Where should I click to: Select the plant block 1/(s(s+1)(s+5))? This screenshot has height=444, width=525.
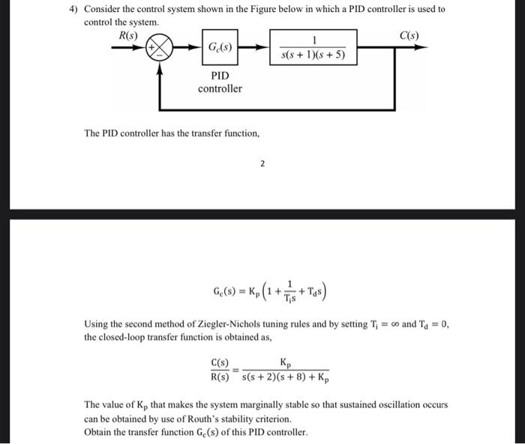(x=313, y=46)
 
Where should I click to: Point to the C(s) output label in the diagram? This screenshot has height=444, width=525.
(x=409, y=36)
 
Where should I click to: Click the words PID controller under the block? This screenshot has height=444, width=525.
(x=220, y=82)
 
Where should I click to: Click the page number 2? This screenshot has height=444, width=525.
(x=262, y=163)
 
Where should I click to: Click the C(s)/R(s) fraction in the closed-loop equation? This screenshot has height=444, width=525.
(x=219, y=369)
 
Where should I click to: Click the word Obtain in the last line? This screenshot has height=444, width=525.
(x=99, y=432)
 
